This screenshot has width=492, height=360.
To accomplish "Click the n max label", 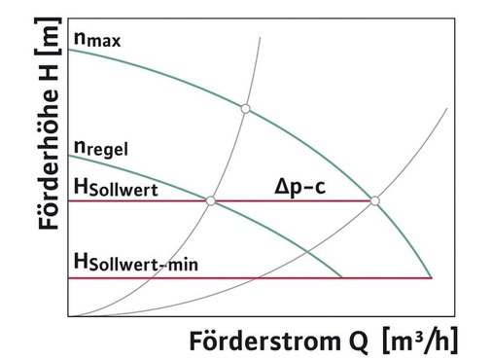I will click(x=99, y=41).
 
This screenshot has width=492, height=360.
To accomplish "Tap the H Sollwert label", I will click(x=117, y=185).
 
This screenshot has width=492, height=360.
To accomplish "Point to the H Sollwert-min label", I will click(x=137, y=262).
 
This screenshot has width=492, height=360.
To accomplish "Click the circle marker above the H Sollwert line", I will click(x=246, y=108).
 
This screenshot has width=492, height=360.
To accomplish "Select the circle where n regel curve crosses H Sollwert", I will click(x=210, y=201).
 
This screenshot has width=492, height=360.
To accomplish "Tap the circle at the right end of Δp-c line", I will click(x=375, y=201).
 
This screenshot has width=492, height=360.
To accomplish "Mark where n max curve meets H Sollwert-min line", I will click(x=431, y=278).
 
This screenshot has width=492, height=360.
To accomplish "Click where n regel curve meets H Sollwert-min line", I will click(x=342, y=278).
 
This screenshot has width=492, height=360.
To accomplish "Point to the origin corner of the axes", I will click(x=69, y=317).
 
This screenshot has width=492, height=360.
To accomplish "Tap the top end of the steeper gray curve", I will click(x=263, y=36).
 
